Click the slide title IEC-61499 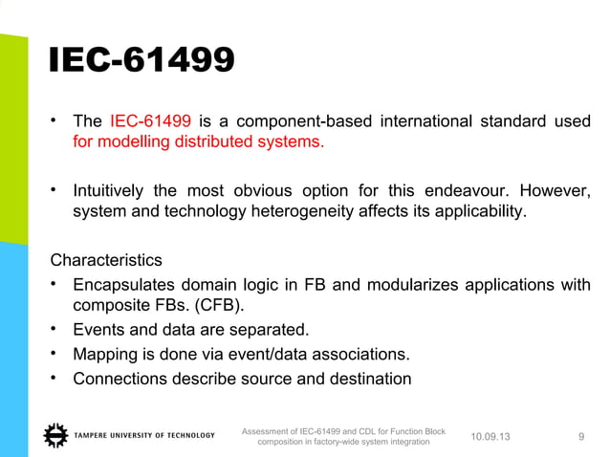[x=142, y=62]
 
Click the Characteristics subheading [x=105, y=260]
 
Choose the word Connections [x=120, y=379]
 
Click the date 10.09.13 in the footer [x=491, y=437]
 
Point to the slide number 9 [x=582, y=437]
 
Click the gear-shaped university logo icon [x=56, y=436]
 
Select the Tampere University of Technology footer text [x=144, y=436]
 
